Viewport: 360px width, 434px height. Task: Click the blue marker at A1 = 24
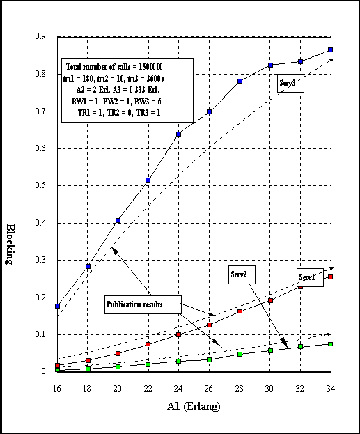178,134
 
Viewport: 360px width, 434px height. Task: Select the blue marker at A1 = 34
330,50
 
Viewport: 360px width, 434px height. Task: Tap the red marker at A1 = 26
209,325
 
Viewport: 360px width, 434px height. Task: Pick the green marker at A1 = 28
240,354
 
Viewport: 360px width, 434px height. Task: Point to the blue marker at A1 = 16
57,306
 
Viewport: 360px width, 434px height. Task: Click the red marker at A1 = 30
271,300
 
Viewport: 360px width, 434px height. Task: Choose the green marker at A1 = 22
148,364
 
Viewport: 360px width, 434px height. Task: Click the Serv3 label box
290,83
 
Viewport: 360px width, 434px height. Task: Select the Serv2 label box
242,275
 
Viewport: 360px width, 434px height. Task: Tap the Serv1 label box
310,278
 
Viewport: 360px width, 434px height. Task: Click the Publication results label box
143,304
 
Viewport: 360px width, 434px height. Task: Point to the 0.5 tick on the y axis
40,185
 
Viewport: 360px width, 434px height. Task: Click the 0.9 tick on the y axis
40,36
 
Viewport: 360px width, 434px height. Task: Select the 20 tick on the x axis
117,389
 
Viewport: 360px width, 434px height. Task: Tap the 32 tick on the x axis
300,389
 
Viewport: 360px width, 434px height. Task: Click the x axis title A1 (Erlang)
194,406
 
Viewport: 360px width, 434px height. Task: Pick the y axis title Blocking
10,244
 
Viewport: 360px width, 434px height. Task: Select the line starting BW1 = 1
116,102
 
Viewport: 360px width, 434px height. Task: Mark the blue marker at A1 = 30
271,65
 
